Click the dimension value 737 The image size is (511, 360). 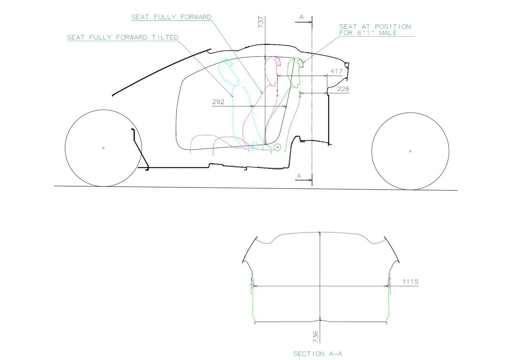pyautogui.click(x=261, y=22)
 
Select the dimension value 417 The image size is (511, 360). pyautogui.click(x=336, y=71)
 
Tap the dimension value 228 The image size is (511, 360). pyautogui.click(x=343, y=89)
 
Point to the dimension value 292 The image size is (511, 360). pyautogui.click(x=218, y=102)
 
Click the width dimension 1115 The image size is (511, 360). pyautogui.click(x=410, y=282)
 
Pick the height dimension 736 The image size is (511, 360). pyautogui.click(x=316, y=337)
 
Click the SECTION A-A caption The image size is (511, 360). pyautogui.click(x=318, y=354)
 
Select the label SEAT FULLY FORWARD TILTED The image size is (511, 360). pyautogui.click(x=123, y=37)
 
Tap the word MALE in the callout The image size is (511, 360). pyautogui.click(x=388, y=33)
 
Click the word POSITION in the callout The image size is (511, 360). pyautogui.click(x=393, y=27)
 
